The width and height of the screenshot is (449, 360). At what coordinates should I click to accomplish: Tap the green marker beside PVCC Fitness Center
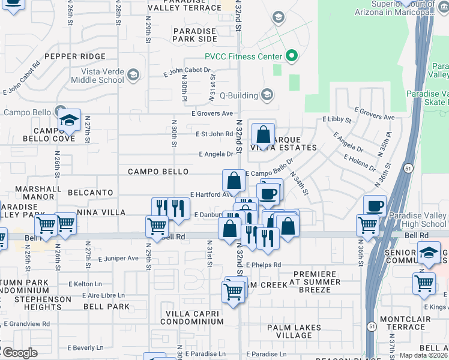(x=292, y=57)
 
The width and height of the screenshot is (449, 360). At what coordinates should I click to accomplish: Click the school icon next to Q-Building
(x=267, y=95)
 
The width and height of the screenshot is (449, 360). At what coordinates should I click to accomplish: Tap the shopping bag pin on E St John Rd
(x=263, y=134)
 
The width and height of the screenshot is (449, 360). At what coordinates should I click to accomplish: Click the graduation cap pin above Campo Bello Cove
(x=69, y=121)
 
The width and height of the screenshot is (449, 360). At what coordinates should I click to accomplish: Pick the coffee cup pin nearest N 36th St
(x=375, y=207)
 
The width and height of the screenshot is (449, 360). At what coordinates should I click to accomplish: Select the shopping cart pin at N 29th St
(x=157, y=227)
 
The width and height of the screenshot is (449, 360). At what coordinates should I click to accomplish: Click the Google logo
(x=19, y=353)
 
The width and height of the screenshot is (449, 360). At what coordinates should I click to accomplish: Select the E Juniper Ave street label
(x=118, y=259)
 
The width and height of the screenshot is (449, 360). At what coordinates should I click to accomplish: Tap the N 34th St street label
(x=299, y=184)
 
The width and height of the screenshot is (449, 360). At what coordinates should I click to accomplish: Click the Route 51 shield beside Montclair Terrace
(x=372, y=326)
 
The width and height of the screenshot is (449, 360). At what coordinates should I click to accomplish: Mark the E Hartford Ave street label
(x=211, y=194)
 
